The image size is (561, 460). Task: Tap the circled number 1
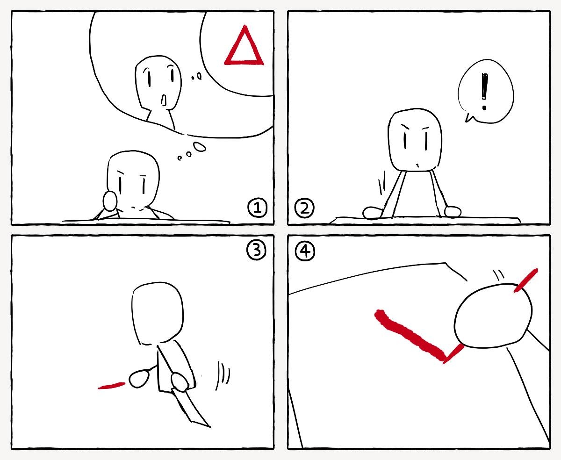tap(257, 208)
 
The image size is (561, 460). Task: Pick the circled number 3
tap(257, 251)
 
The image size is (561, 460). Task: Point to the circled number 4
tap(305, 252)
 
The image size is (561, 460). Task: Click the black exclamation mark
tap(485, 92)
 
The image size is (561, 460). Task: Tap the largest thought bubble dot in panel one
tap(200, 147)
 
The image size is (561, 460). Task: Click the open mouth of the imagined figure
tap(164, 100)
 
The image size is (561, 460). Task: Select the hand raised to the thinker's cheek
tap(110, 201)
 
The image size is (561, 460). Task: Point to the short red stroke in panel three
tap(111, 386)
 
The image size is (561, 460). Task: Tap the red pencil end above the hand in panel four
tap(525, 280)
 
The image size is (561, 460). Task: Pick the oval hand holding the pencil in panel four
tap(493, 316)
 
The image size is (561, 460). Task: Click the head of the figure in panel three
tap(158, 313)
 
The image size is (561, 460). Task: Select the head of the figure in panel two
tap(415, 140)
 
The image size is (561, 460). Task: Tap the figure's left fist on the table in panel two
tap(373, 213)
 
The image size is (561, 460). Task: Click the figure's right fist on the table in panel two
tap(453, 211)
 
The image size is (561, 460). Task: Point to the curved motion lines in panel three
tap(223, 376)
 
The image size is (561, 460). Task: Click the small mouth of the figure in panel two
tap(417, 165)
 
